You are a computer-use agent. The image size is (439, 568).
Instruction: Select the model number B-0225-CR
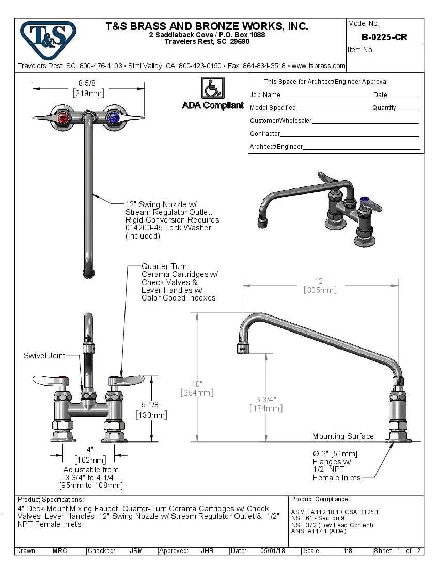[x=384, y=37]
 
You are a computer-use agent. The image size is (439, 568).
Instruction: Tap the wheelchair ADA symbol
[x=212, y=88]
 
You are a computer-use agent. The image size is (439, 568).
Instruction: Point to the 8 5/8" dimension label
[x=88, y=83]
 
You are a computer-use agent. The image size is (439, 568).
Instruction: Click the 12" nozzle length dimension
[x=320, y=281]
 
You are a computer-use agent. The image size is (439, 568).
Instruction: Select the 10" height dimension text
[x=196, y=384]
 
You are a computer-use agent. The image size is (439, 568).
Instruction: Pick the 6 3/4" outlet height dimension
[x=266, y=399]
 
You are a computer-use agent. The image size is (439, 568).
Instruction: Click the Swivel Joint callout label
[x=44, y=356]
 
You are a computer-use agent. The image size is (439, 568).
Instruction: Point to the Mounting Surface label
[x=343, y=436]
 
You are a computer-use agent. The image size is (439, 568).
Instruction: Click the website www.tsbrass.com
[x=318, y=66]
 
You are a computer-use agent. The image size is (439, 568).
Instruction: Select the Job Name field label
[x=265, y=95]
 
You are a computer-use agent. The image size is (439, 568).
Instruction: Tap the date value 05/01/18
[x=272, y=551]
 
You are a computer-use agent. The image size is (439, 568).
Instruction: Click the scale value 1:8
[x=348, y=551]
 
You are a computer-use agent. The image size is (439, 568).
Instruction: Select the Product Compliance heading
[x=320, y=499]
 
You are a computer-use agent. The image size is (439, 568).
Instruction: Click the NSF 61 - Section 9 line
[x=318, y=518]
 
